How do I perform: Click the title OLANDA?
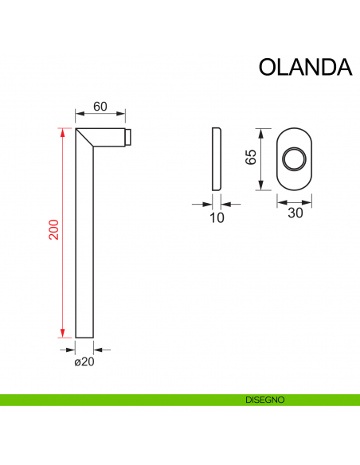coord(305,67)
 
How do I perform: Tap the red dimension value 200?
coord(53,232)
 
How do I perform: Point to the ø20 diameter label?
coord(84,362)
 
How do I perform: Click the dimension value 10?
coord(217,217)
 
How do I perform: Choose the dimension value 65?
coord(250,157)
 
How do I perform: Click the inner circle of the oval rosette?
coord(294,158)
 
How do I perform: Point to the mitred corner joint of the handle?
coord(86,138)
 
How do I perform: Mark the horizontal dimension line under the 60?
coord(100,115)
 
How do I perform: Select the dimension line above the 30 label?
coord(294,201)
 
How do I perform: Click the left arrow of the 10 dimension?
coord(206,204)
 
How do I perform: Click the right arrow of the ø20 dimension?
coord(100,349)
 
